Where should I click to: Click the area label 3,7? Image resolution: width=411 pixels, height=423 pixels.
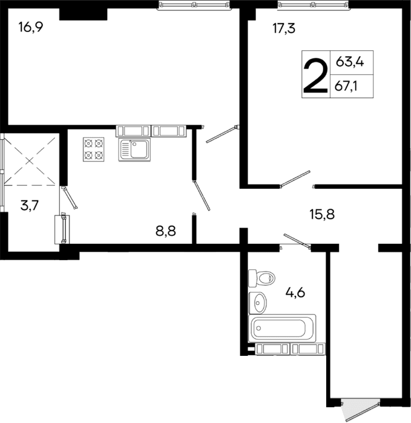click(x=30, y=206)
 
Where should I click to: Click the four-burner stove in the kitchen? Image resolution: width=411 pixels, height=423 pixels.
click(x=93, y=149)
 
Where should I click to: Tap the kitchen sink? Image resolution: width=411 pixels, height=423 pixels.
click(x=135, y=149)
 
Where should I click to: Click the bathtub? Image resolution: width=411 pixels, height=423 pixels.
click(x=283, y=328)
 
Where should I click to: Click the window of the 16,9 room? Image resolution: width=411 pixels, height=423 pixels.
click(x=194, y=5)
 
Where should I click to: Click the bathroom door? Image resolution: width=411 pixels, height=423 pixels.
click(x=297, y=241)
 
